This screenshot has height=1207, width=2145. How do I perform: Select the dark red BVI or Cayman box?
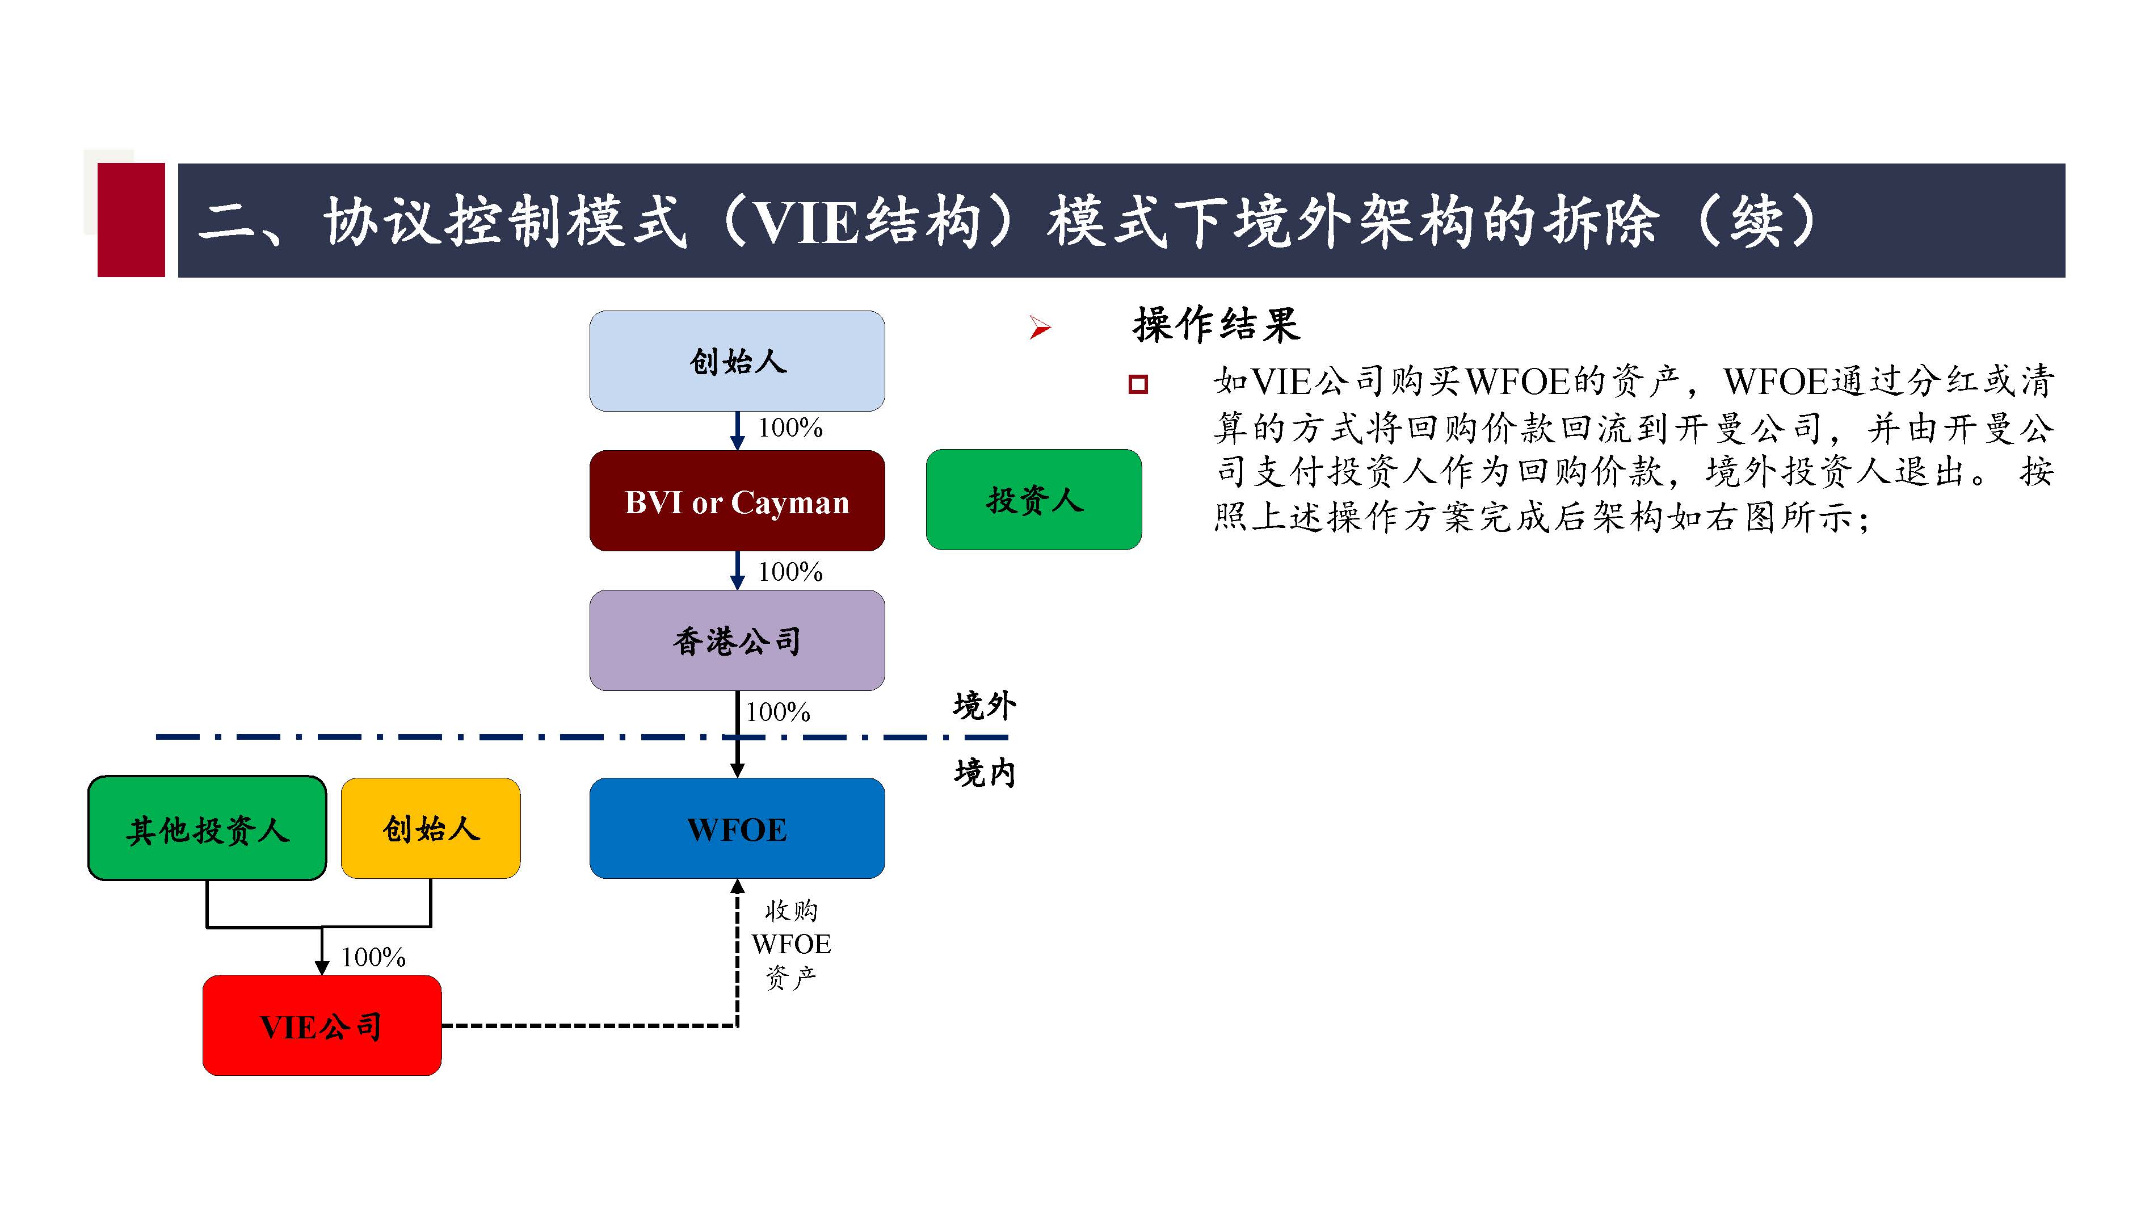coord(737,501)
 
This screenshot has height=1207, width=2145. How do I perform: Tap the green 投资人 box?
coord(1033,500)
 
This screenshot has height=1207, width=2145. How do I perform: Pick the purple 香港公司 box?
coord(737,640)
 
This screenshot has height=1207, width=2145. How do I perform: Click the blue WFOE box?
coord(737,829)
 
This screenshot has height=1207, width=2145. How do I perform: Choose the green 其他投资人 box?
coord(207,829)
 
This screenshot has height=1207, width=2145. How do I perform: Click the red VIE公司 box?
coord(321,1025)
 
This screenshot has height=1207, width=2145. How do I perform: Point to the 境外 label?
coord(984,706)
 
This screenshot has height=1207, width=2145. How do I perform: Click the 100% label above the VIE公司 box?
coord(373,957)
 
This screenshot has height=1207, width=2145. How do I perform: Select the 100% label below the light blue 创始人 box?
coord(789,428)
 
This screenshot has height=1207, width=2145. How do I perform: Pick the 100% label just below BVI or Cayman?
coord(789,572)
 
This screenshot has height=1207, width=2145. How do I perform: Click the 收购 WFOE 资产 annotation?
coord(791,944)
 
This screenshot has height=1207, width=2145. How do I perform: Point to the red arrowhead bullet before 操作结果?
coord(1039,328)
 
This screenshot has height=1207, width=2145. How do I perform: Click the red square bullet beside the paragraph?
coord(1137,384)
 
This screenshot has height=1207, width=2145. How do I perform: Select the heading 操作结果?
coord(1215,325)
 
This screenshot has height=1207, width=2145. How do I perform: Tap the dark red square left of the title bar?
coord(131,220)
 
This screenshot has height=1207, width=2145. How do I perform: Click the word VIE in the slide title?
coord(805,223)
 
